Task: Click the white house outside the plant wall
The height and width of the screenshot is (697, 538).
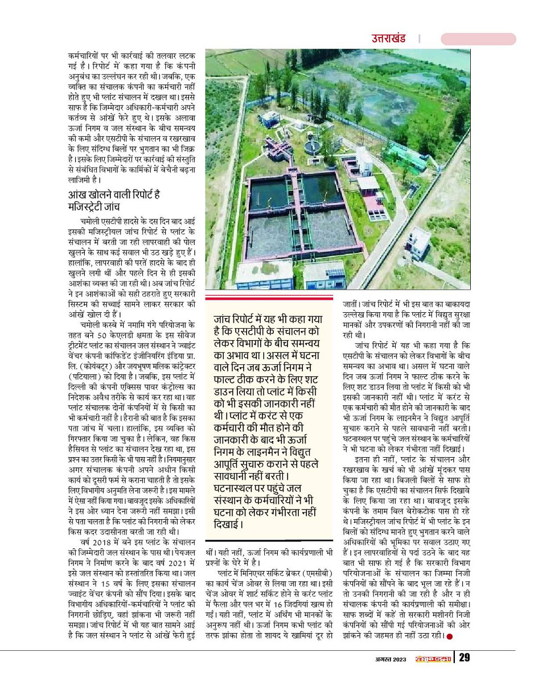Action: [x=420, y=241]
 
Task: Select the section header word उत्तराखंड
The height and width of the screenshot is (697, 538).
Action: [x=389, y=39]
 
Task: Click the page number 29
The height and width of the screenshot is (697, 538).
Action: [x=465, y=658]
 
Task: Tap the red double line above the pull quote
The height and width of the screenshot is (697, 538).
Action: [x=269, y=297]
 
